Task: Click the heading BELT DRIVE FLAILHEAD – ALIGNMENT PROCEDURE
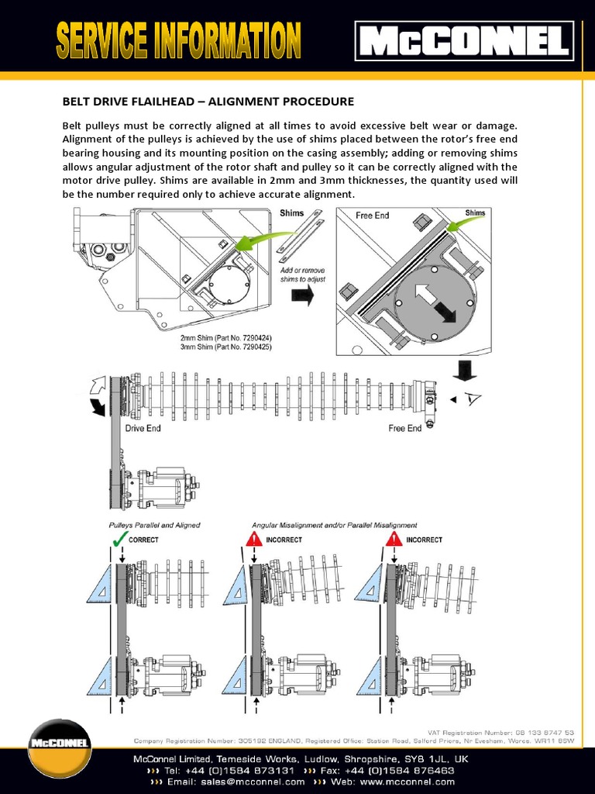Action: point(208,102)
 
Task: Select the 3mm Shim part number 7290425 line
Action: point(225,348)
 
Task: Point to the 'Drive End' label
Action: point(143,428)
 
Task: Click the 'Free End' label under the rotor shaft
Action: point(404,428)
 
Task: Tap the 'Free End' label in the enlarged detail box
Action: point(372,215)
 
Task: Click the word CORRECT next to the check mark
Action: point(143,540)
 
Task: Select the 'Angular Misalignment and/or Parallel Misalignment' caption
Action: point(334,525)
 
